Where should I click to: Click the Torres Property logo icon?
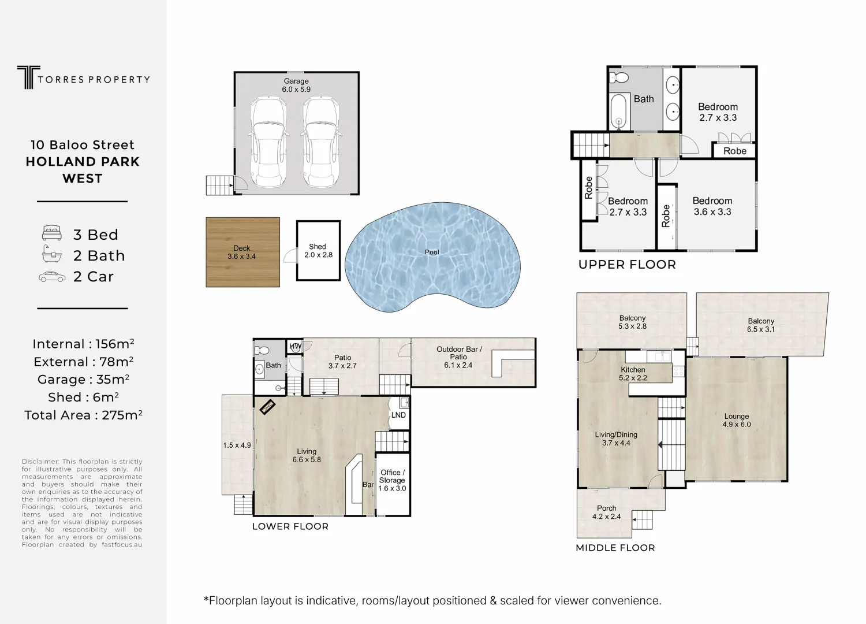(x=25, y=77)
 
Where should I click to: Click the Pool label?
(x=432, y=252)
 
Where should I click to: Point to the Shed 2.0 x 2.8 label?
(x=318, y=251)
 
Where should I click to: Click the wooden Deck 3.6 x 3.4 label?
(x=241, y=252)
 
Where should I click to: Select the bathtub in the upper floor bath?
(x=619, y=112)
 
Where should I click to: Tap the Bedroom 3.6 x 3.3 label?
(x=712, y=206)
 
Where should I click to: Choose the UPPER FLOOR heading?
(x=627, y=265)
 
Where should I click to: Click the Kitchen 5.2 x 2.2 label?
(x=633, y=374)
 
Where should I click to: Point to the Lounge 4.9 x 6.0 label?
(x=736, y=420)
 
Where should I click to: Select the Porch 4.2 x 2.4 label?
(x=606, y=512)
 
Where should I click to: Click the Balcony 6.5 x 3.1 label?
(x=760, y=325)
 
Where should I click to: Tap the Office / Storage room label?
(x=392, y=480)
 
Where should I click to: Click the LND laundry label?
(x=398, y=415)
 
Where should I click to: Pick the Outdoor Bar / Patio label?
(x=458, y=357)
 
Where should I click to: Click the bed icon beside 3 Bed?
(x=52, y=234)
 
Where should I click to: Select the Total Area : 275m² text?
(x=83, y=415)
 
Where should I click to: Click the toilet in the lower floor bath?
(x=262, y=350)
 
